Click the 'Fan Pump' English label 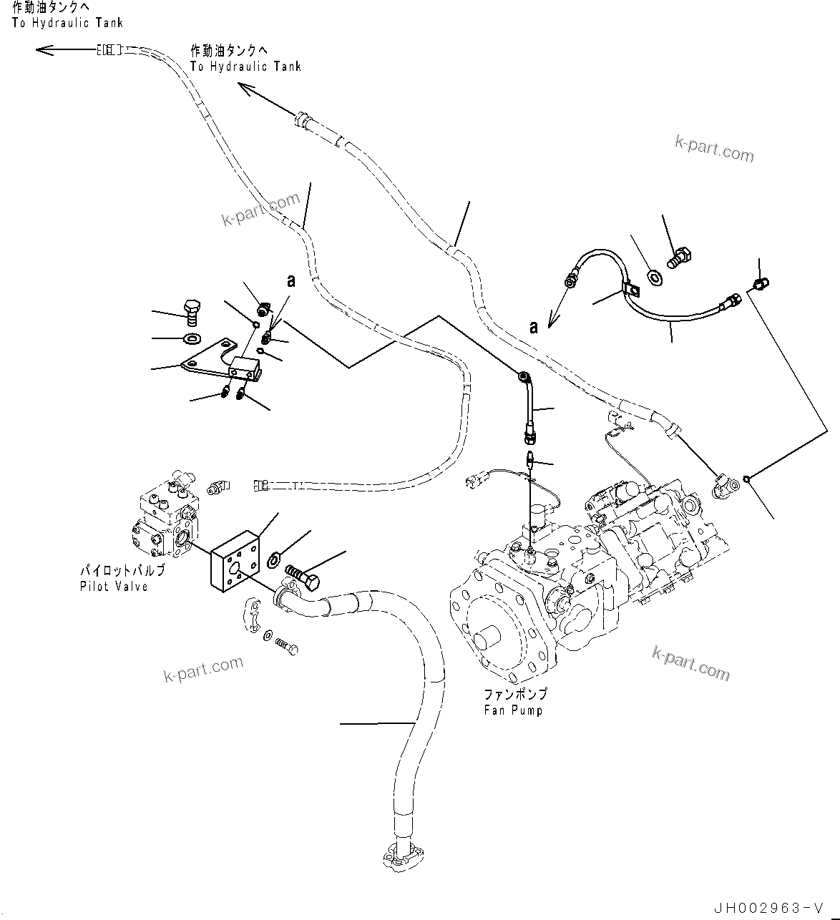click(x=512, y=710)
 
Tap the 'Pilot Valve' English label click(x=114, y=587)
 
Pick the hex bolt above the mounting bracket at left click(x=193, y=311)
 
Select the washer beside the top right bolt click(x=654, y=276)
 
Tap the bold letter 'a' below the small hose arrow click(x=533, y=327)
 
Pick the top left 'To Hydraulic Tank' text click(x=67, y=23)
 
